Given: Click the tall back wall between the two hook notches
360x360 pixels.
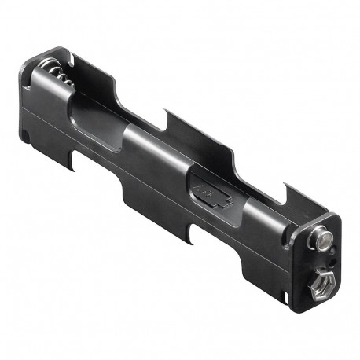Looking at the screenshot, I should click(x=228, y=149).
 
